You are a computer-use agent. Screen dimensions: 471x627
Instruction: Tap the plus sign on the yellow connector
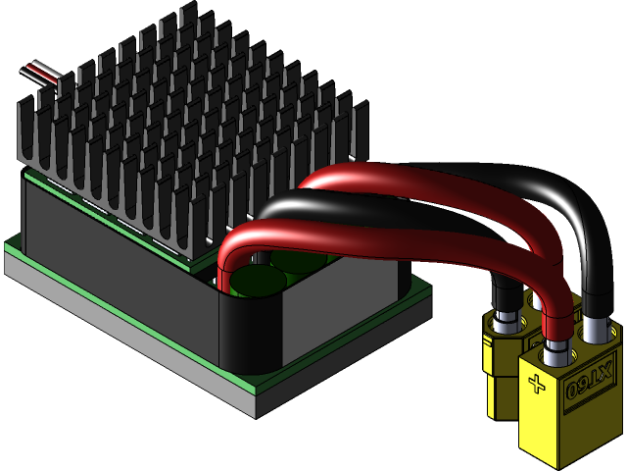pyautogui.click(x=536, y=384)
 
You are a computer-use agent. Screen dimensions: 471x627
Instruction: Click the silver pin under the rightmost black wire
pyautogui.click(x=597, y=330)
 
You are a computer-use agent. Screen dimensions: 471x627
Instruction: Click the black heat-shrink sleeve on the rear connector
pyautogui.click(x=504, y=294)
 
